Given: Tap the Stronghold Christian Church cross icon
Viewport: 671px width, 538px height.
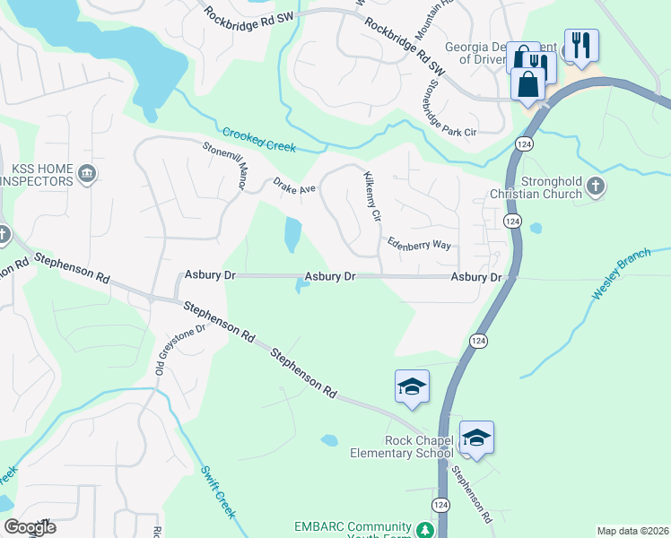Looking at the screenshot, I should (x=597, y=187).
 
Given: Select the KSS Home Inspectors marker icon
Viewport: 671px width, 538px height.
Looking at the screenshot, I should (x=86, y=173).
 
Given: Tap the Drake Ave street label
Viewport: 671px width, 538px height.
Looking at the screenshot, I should (x=295, y=188).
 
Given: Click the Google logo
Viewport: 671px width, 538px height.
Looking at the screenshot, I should (x=30, y=527).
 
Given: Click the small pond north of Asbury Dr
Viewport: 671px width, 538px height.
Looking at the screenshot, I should (x=292, y=235).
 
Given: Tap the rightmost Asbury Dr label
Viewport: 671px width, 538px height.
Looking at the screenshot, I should (x=475, y=278).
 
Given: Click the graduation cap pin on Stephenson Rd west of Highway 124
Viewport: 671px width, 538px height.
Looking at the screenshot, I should (x=412, y=386).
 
